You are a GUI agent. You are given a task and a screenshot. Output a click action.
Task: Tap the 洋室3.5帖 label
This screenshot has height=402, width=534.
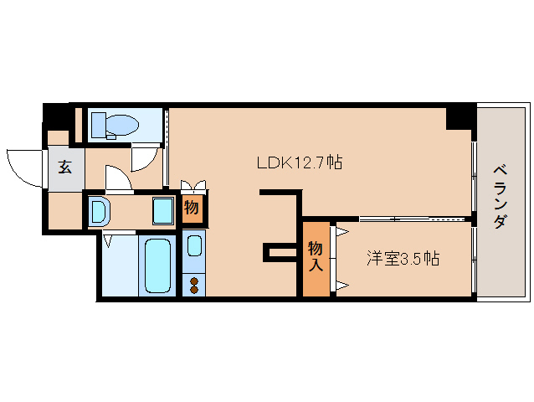pos(402,259)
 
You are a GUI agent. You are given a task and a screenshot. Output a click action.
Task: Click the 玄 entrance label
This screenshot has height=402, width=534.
pos(64,166)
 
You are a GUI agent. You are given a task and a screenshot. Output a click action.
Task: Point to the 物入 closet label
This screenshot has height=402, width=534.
pos(316,258)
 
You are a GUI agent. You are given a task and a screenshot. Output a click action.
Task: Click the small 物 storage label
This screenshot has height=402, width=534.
pos(192,208)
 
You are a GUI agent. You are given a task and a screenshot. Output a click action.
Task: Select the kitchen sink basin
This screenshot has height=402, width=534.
pos(194,245)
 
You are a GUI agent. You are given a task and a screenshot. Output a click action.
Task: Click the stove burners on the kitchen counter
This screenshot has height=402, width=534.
pos(194,284)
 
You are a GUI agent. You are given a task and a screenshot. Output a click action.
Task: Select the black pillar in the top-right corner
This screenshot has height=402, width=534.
pos(459,116)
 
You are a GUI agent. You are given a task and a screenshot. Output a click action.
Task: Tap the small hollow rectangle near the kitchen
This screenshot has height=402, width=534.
pos(275,252)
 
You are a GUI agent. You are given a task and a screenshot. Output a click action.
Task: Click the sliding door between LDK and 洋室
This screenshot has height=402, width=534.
pos(402,219)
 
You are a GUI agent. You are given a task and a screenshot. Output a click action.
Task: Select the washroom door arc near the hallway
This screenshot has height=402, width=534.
pos(116,179)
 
